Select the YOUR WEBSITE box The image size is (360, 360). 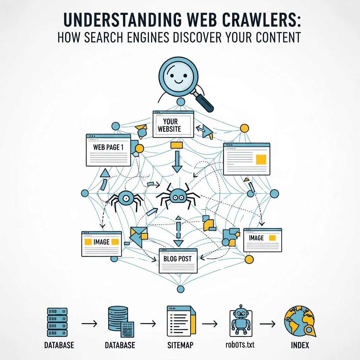(173, 124)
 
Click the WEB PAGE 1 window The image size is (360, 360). (108, 150)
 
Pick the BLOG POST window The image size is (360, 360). (178, 260)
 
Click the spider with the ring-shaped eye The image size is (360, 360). (125, 199)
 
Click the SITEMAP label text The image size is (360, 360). (179, 345)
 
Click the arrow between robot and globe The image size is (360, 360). (268, 323)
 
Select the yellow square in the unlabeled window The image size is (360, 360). (261, 159)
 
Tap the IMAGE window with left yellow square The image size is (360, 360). (101, 243)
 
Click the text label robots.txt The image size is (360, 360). (240, 345)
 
